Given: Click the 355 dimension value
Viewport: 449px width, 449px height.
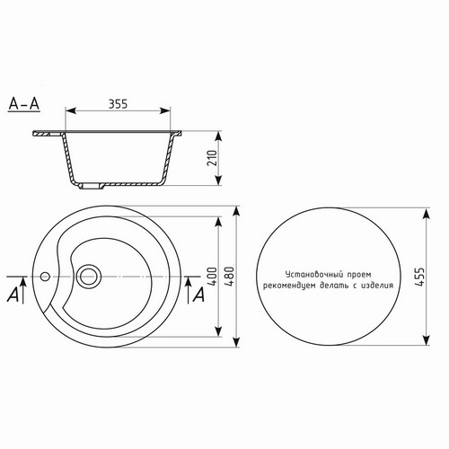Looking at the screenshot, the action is tap(118, 103).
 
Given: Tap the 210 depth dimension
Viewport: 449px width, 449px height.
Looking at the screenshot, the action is tap(212, 158).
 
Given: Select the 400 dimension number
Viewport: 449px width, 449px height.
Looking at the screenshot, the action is tap(212, 276).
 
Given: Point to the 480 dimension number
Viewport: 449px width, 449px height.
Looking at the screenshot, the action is tap(230, 276).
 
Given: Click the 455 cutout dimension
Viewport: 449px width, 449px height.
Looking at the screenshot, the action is tap(419, 277).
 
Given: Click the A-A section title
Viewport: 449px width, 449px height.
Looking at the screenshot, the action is tap(24, 104).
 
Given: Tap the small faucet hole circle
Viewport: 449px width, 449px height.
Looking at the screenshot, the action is tap(45, 277).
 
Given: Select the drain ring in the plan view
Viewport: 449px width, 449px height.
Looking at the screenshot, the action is tap(89, 277).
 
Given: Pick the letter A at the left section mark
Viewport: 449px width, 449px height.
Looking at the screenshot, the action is tap(13, 295).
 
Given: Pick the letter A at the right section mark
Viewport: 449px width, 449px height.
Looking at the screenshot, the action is tap(198, 295).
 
